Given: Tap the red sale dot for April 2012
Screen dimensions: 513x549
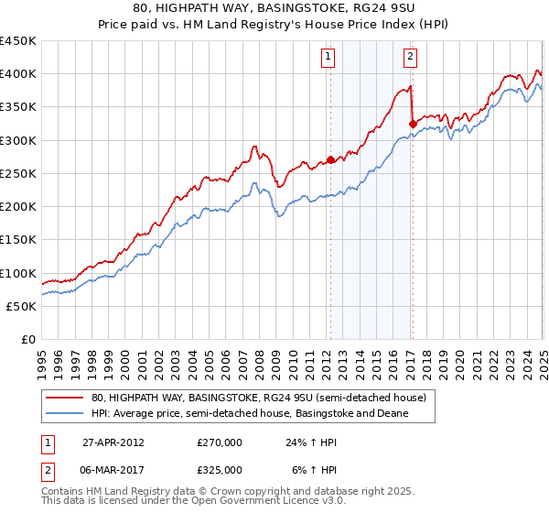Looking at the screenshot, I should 330,159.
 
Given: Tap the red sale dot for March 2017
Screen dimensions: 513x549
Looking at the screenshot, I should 413,123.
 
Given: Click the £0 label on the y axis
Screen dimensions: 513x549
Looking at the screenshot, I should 27,339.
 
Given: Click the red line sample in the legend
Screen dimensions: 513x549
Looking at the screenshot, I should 64,398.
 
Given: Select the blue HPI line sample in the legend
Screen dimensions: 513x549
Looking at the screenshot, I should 64,414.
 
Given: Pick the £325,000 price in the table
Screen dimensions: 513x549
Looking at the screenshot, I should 220,469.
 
